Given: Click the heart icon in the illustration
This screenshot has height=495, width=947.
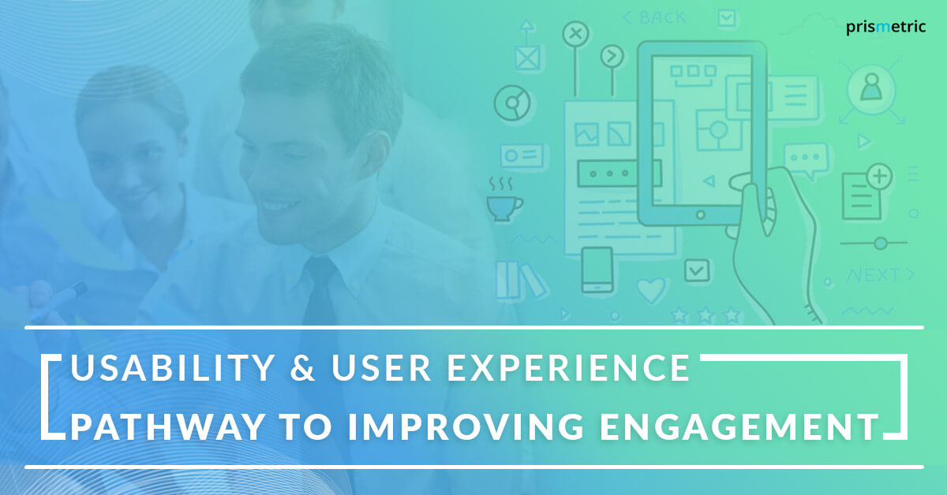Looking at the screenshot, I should (653, 291).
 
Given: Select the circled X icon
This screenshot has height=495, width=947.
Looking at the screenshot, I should (576, 34).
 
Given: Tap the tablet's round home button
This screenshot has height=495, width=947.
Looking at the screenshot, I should (699, 214).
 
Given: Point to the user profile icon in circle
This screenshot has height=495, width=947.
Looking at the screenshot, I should (870, 87).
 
